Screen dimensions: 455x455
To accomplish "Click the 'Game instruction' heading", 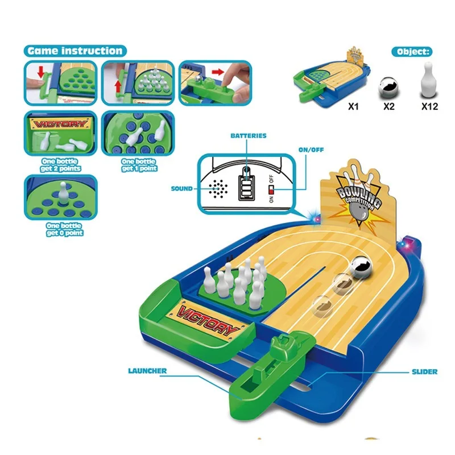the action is click(x=74, y=51).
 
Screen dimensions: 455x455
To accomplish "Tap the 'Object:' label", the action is click(x=411, y=52).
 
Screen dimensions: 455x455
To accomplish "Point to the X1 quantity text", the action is click(x=342, y=105).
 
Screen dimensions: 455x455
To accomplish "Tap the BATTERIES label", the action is click(x=248, y=136).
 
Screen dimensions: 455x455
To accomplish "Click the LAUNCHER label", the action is click(x=147, y=371).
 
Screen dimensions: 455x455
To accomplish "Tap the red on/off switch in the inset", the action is click(x=272, y=187).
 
